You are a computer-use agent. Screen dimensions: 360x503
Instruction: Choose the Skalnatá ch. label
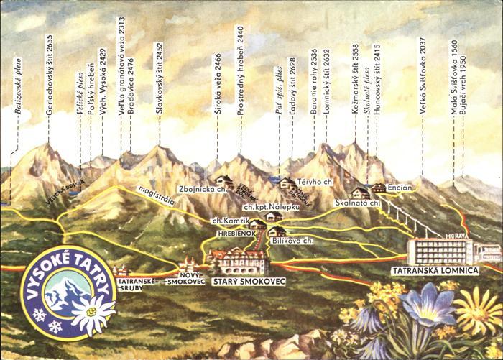coord(355,203)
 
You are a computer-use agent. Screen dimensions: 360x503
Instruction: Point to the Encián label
coord(400,188)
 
